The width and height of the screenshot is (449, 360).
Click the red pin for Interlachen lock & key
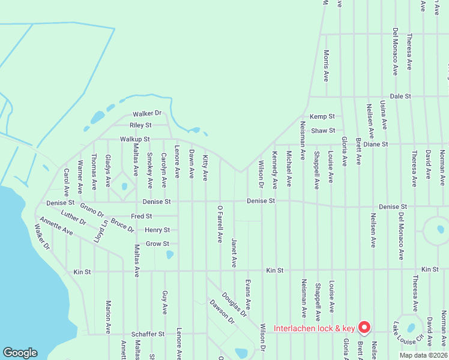click(x=364, y=327)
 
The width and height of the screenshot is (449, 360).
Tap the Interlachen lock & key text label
click(x=315, y=328)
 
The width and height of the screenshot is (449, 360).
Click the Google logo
click(x=20, y=353)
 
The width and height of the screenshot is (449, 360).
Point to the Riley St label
click(x=140, y=125)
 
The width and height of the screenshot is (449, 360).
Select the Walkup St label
click(x=134, y=139)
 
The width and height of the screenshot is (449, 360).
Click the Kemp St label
click(x=322, y=116)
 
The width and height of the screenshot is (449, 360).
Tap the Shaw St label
click(x=323, y=130)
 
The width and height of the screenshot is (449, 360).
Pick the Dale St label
click(x=400, y=96)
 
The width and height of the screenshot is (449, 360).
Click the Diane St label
click(x=376, y=145)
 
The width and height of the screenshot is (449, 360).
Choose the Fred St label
click(x=141, y=216)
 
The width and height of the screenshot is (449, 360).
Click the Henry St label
click(x=157, y=230)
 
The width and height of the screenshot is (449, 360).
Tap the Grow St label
click(x=157, y=244)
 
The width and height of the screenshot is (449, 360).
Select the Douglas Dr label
click(x=234, y=304)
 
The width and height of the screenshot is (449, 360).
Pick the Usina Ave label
click(x=384, y=116)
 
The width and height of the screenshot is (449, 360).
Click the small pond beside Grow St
click(x=169, y=254)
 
